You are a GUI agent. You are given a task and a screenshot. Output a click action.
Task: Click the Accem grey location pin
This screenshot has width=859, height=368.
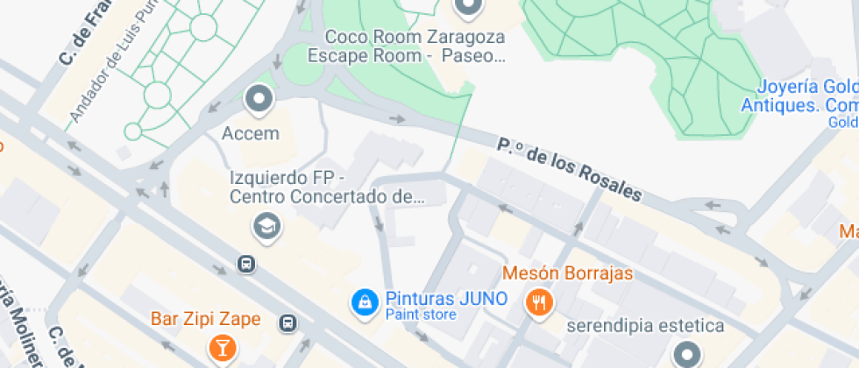pos(259,100)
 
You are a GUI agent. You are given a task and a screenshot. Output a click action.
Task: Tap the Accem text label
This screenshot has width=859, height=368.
pos(251,134)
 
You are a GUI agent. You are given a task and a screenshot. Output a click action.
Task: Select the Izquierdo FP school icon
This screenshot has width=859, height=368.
pos(264,227)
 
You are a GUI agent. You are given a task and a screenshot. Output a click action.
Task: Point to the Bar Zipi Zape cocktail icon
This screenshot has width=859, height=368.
pos(221,347)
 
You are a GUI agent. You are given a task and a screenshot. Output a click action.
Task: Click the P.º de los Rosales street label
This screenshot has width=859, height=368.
pos(570,168)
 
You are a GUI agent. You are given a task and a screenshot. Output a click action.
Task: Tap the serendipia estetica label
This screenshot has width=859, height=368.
pos(646,326)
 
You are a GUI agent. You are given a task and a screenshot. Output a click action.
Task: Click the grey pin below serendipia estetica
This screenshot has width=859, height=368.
pos(686,356)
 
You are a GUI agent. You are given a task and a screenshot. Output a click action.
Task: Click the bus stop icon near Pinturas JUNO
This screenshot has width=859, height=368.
pos(288,323)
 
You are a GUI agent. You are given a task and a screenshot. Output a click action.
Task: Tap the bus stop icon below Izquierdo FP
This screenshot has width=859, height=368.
pos(247,263)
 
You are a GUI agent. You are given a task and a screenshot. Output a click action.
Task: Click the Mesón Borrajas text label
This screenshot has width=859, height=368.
pos(567,273)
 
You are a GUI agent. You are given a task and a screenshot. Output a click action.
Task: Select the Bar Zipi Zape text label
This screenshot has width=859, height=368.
pos(206,319)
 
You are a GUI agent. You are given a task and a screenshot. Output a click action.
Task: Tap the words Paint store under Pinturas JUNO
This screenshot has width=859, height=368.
pos(421,315)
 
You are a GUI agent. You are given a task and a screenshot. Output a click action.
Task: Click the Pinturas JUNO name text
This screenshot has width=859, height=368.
pos(446,298)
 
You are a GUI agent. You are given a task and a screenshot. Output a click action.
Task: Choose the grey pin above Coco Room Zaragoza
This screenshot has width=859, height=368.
pos(468,8)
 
